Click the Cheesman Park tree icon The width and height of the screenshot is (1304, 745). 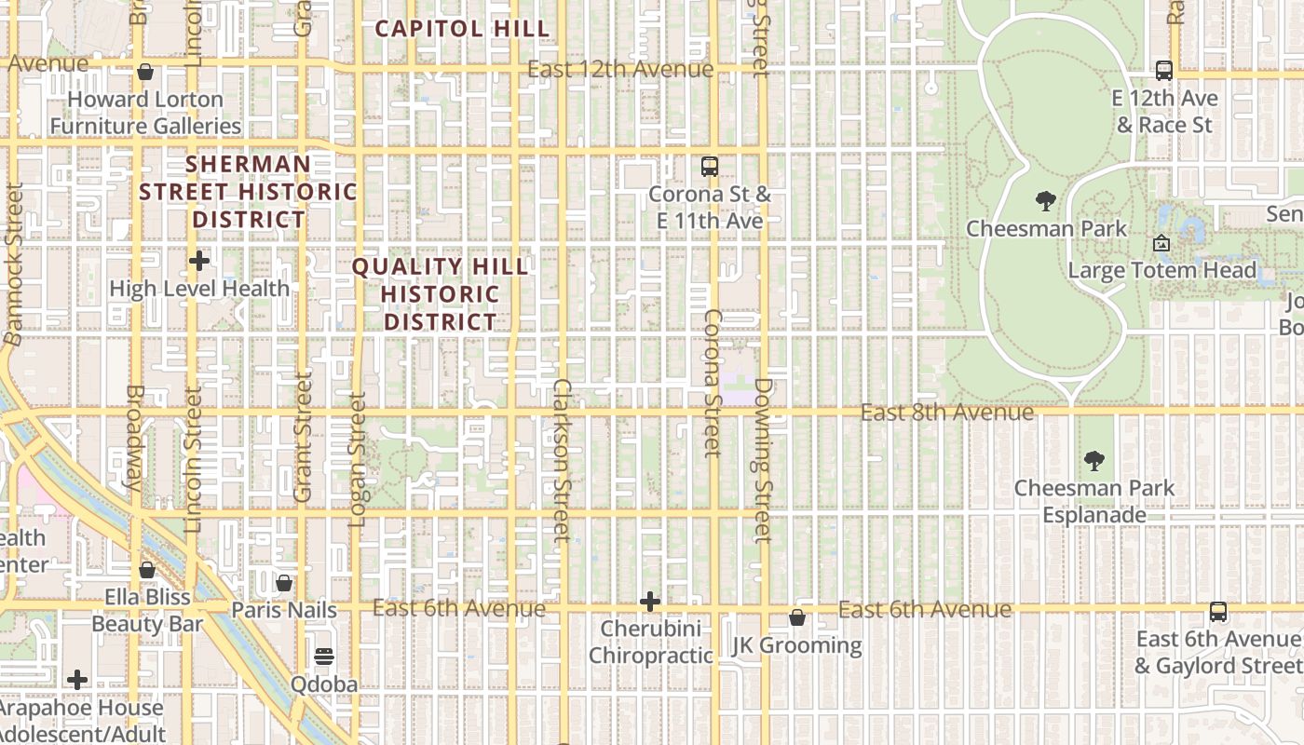pos(1045,200)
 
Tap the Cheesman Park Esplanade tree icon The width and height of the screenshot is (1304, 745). pos(1094,460)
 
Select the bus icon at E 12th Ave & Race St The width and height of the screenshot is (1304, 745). pos(1163,70)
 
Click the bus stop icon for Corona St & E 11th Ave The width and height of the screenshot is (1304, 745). pos(710,167)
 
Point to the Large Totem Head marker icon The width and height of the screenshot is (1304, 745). pos(1161,243)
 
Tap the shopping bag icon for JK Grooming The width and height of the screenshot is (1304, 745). pos(797,617)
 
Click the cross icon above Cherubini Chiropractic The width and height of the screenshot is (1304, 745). pos(650,602)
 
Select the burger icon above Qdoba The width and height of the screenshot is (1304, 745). pos(323,657)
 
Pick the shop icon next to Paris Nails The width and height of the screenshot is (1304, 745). pos(284,584)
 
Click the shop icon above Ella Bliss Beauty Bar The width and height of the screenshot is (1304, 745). pos(146,570)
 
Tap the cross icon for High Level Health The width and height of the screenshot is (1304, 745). pos(198,261)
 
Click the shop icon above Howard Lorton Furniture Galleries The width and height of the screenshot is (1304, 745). pos(145,72)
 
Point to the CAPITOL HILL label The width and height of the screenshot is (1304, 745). pos(462,29)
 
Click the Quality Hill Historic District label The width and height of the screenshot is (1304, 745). pos(440,294)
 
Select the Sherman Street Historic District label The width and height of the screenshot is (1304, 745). pos(248,192)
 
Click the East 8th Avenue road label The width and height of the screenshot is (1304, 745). pos(946,412)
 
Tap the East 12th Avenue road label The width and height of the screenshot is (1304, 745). pos(620,69)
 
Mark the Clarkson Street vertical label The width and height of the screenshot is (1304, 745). pos(561,460)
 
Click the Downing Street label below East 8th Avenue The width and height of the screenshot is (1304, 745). pos(763,460)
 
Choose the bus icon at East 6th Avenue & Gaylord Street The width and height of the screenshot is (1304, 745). pos(1217,612)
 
